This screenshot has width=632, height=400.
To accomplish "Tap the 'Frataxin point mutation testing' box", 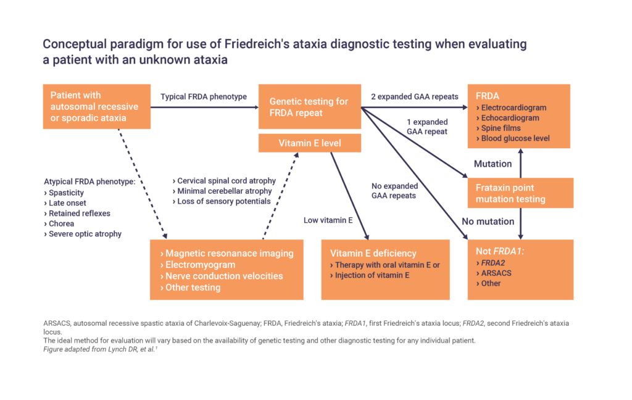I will [520, 193].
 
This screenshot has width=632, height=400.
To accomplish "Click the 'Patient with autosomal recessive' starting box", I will [96, 107].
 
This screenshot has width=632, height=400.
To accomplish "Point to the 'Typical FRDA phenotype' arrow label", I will [203, 97].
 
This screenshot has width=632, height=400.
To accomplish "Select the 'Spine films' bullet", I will [501, 128].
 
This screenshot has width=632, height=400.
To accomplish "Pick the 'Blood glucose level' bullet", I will [515, 138].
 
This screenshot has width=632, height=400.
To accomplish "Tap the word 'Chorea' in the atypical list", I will [62, 223].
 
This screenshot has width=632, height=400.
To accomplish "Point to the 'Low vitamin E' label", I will [328, 220].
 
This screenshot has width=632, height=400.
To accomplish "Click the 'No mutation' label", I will [488, 221].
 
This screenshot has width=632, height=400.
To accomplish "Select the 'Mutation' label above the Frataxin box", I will [493, 164].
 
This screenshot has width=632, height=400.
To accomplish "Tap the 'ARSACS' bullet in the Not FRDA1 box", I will [496, 273].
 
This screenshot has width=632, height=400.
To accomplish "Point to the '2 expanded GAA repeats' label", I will [414, 97].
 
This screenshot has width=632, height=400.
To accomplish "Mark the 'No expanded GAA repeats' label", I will [394, 190].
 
